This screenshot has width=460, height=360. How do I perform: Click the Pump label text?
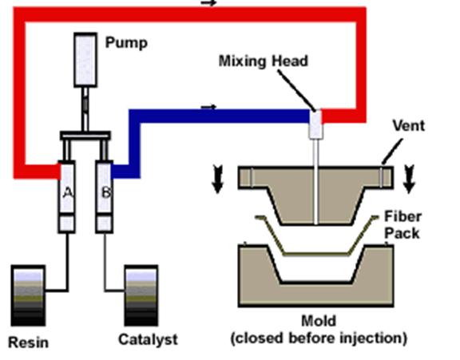coord(126,43)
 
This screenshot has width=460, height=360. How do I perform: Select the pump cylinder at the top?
coord(85,60)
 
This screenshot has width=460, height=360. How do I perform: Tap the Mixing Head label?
coord(264,61)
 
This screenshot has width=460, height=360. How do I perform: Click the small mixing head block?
coord(315,125)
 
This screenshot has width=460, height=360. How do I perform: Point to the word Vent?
coord(409,125)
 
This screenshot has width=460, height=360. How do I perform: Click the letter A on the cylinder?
coord(67,192)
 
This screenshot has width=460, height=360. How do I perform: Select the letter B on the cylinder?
coord(105,192)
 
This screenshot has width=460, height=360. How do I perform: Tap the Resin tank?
coord(28,295)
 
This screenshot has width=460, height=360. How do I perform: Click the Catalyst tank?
coord(141,295)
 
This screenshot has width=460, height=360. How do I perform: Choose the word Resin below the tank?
coord(28,342)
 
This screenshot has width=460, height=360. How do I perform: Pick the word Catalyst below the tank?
coord(148,339)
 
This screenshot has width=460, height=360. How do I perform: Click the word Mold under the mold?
coord(319,321)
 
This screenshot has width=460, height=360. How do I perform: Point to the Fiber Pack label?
coord(402,225)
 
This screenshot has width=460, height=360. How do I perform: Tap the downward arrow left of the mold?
coord(217,179)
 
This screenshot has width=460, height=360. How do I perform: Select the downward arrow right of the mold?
coord(409,179)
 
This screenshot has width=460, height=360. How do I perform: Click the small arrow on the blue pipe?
coord(208,107)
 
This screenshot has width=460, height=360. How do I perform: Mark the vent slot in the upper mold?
coord(382,177)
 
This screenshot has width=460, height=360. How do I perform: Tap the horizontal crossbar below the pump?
coord(85,136)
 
